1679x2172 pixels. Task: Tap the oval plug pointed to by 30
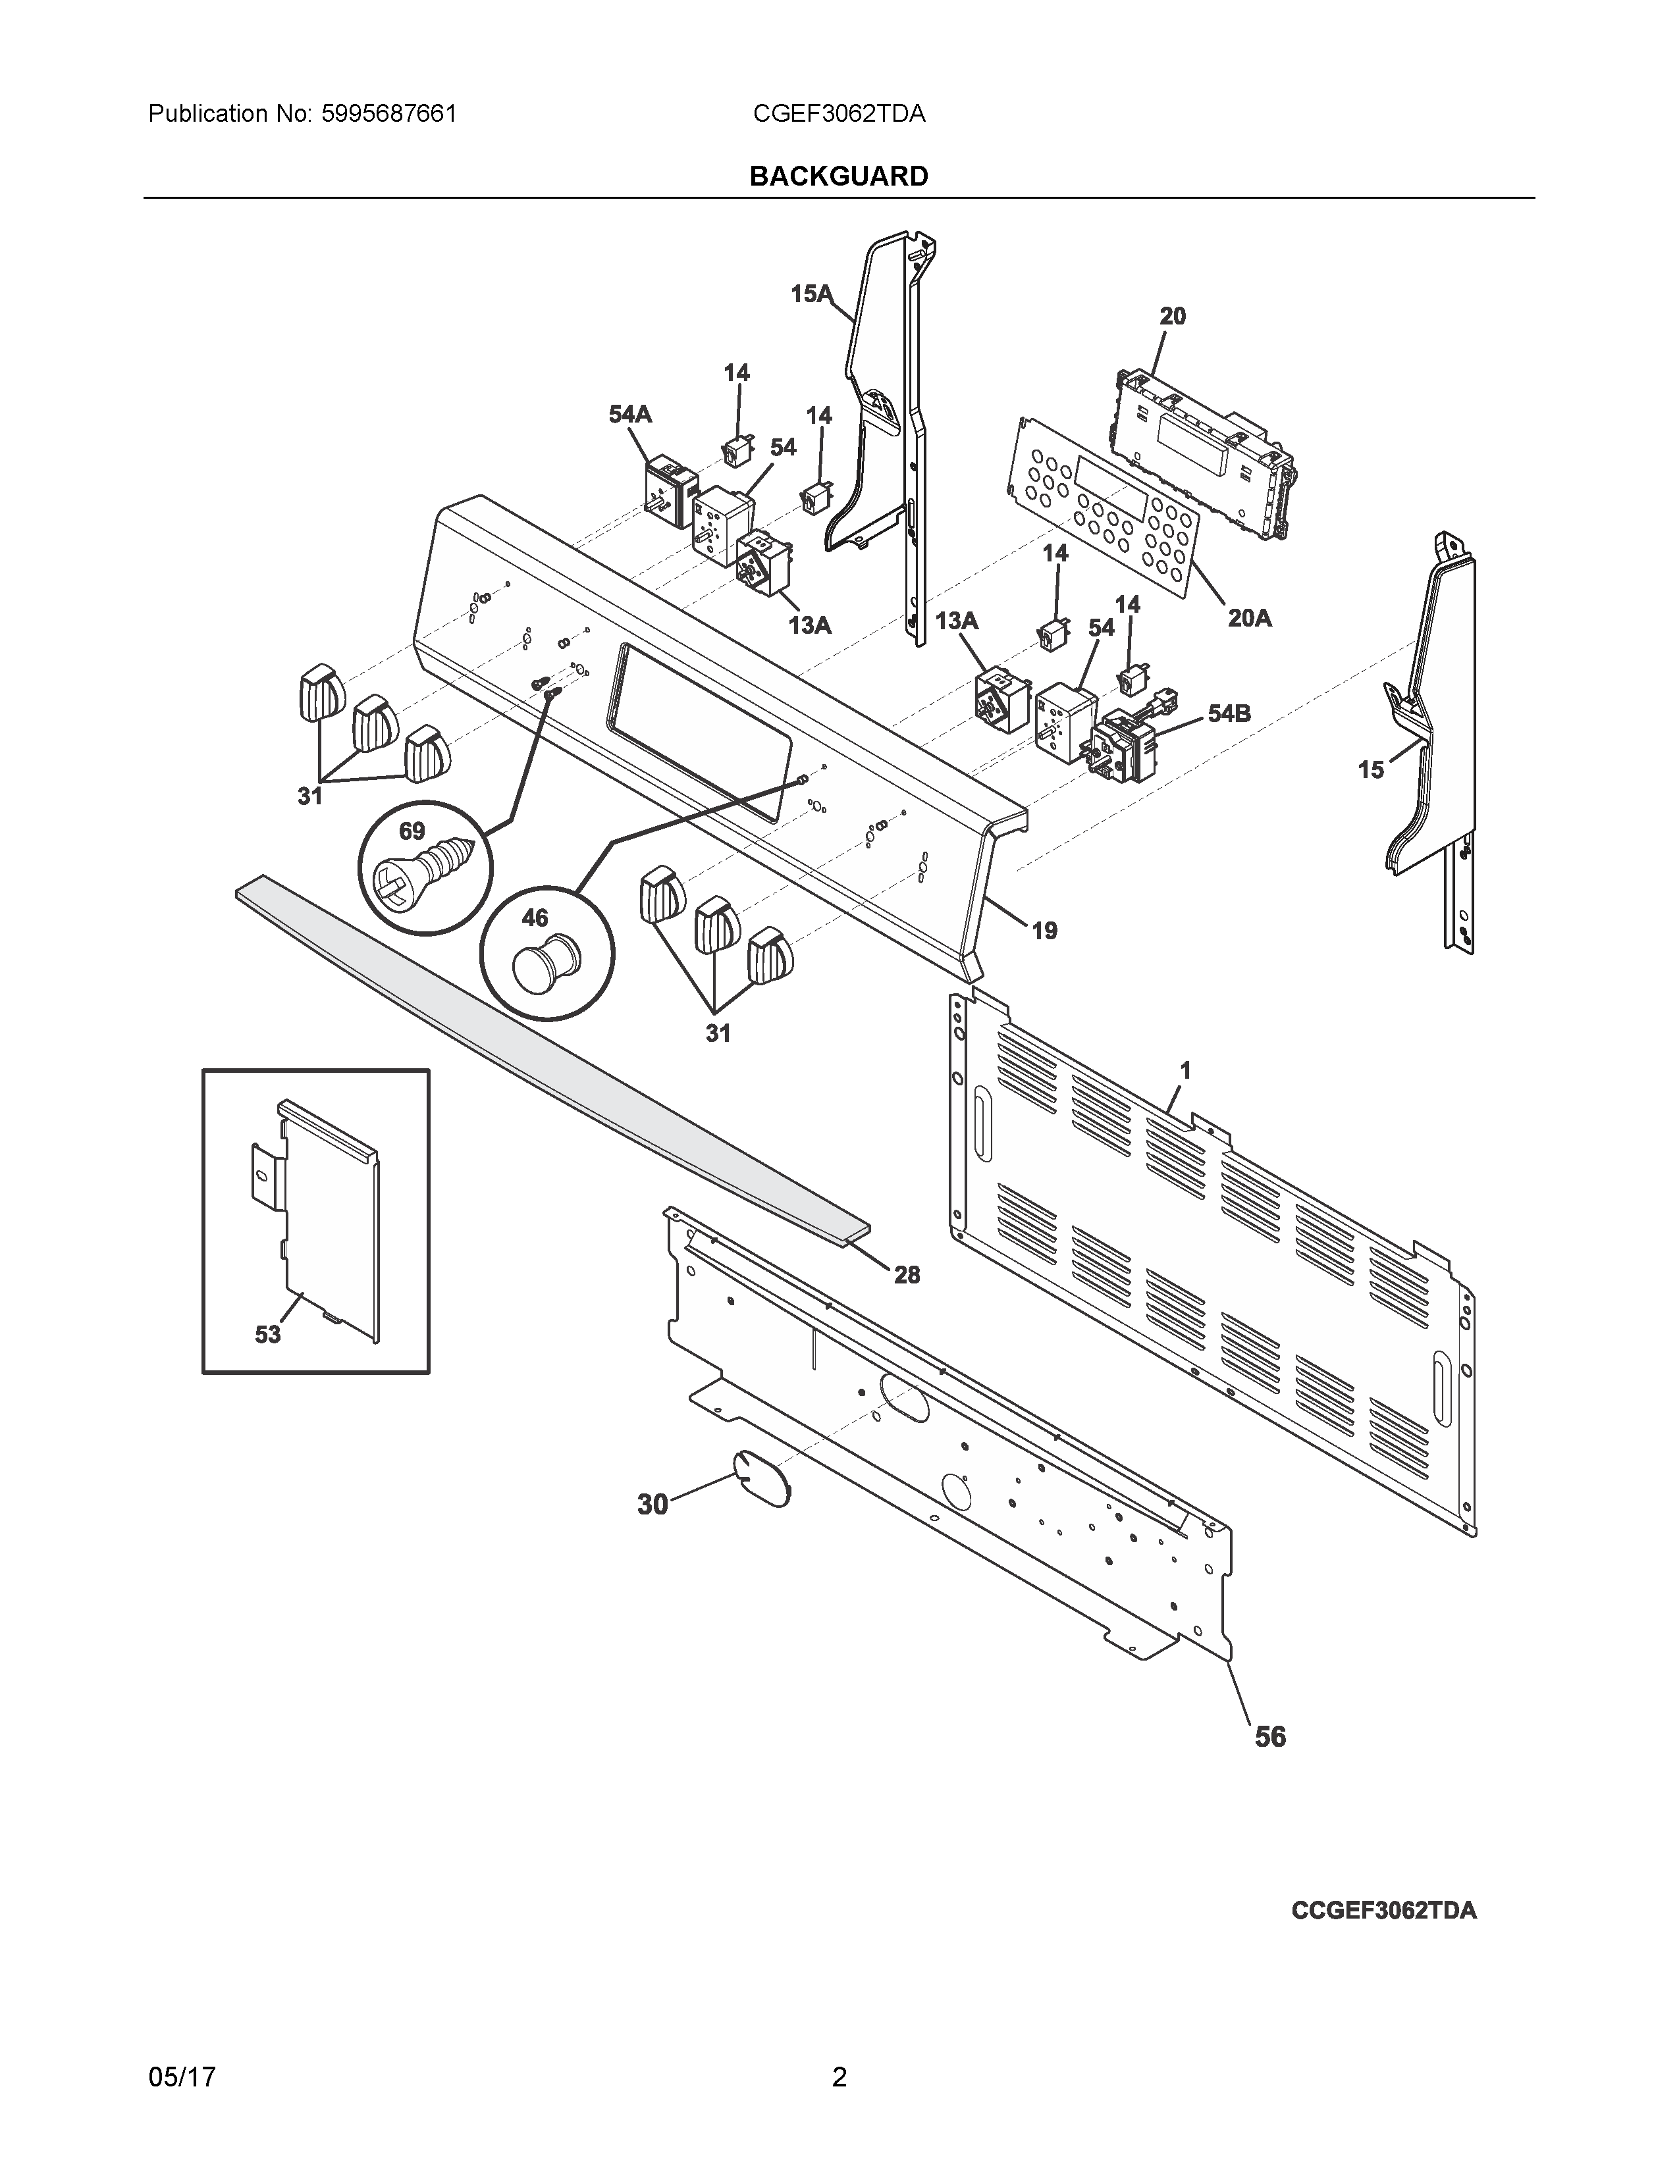(762, 1477)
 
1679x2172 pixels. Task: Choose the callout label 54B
(1229, 713)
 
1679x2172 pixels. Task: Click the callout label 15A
(811, 294)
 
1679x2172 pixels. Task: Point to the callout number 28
(906, 1274)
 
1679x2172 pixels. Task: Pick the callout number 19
(1044, 931)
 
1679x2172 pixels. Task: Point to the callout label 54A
(629, 414)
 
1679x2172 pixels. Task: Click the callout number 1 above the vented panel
(1185, 1070)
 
